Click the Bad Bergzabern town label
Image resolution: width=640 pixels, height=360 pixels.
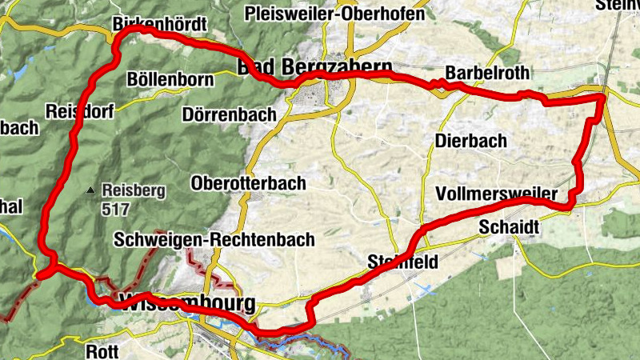click(314, 66)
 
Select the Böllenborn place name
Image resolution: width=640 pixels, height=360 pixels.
click(170, 80)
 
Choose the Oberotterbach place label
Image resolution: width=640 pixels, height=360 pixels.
click(249, 183)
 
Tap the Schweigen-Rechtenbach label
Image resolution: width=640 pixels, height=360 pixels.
click(214, 239)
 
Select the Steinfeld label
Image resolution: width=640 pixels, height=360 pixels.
click(403, 261)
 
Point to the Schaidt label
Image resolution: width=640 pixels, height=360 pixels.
click(509, 228)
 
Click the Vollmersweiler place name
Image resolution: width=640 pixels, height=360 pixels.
click(497, 194)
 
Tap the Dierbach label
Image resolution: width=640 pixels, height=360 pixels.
click(471, 141)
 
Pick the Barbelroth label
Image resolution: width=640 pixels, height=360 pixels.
click(487, 72)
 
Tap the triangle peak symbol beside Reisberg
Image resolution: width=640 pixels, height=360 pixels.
click(90, 190)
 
